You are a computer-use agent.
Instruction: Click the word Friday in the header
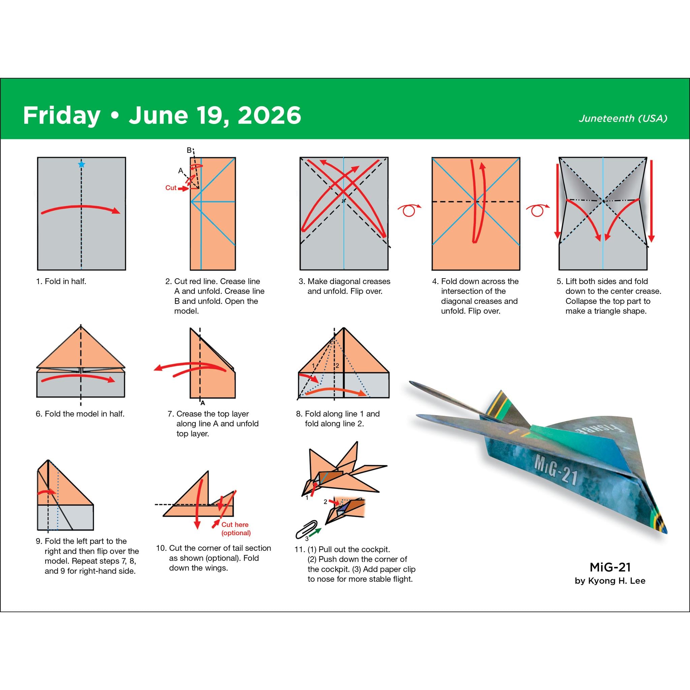point(61,115)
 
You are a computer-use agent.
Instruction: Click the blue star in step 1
point(82,164)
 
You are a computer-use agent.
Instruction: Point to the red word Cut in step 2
point(171,188)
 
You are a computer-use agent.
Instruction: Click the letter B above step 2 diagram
point(189,150)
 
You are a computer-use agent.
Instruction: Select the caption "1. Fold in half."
point(61,281)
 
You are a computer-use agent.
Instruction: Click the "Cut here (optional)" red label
point(236,529)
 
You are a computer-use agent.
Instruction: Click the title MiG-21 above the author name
point(610,567)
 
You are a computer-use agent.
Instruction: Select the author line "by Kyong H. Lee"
point(610,581)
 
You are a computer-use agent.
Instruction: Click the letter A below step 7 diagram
point(202,403)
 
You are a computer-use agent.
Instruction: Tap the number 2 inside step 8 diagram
point(337,366)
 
